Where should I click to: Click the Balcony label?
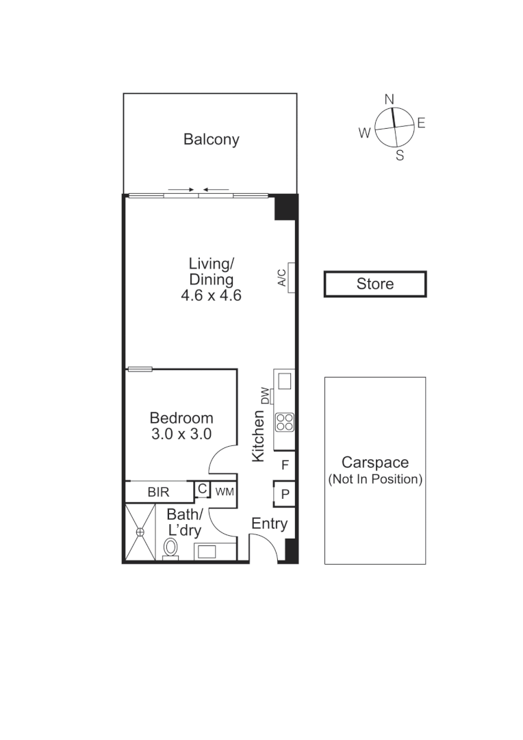pyautogui.click(x=211, y=140)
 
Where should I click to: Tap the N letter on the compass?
pyautogui.click(x=390, y=100)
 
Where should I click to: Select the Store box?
pyautogui.click(x=375, y=284)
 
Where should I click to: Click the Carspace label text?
pyautogui.click(x=374, y=462)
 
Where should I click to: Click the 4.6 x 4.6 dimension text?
pyautogui.click(x=211, y=296)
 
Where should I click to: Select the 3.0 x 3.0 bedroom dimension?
pyautogui.click(x=181, y=434)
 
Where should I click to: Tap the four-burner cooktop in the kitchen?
pyautogui.click(x=284, y=423)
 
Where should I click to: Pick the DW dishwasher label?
pyautogui.click(x=266, y=396)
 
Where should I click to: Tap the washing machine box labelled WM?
pyautogui.click(x=225, y=491)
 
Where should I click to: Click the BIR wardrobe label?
pyautogui.click(x=158, y=492)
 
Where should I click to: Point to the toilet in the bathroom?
pyautogui.click(x=171, y=547)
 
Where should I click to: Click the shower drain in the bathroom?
pyautogui.click(x=140, y=532)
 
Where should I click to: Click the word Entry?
pyautogui.click(x=269, y=524)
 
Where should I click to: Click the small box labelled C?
pyautogui.click(x=202, y=489)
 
